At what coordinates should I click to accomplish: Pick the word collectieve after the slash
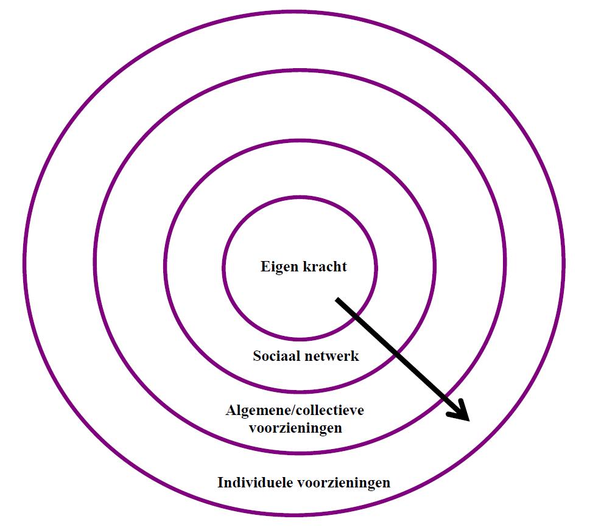point(329,411)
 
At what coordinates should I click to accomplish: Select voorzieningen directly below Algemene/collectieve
point(295,428)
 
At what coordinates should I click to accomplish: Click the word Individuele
point(255,483)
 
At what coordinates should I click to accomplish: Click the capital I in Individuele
point(221,483)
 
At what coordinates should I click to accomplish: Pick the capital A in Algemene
point(230,411)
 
